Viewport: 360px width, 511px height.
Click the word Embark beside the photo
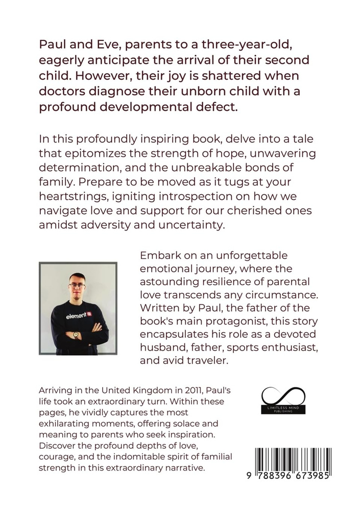[x=160, y=255]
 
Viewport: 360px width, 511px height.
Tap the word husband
[x=165, y=349]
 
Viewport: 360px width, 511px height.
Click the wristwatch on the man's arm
[x=76, y=336]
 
